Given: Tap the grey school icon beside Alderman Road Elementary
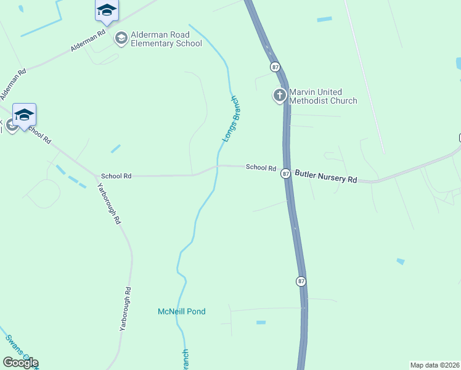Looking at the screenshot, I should [121, 38].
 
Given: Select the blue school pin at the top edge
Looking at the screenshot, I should [107, 10].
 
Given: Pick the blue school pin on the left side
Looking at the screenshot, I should [24, 115].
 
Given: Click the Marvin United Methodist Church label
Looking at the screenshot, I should [324, 96].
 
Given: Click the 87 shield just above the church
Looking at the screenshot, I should [275, 67].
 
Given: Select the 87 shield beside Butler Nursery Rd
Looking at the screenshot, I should [286, 174].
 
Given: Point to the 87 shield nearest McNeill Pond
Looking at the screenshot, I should [301, 281].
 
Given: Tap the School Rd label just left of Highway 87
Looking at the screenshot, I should [261, 167].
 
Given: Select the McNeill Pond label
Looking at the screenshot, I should [182, 311].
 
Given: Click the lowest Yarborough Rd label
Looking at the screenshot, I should [125, 310].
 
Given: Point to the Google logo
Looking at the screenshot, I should [20, 363].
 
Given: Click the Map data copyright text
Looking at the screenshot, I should [434, 365].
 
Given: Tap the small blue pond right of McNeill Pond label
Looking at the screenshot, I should [261, 323].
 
